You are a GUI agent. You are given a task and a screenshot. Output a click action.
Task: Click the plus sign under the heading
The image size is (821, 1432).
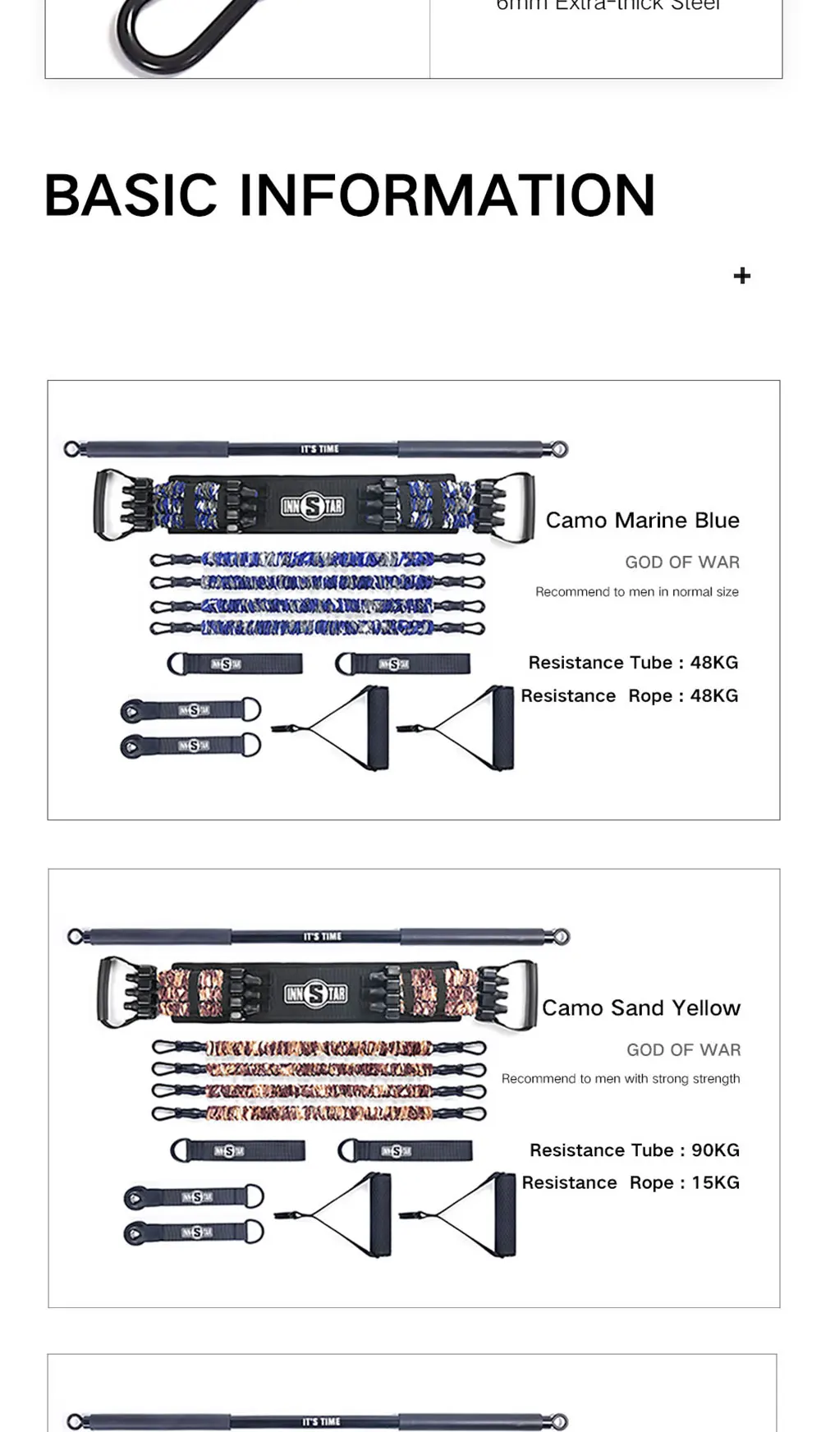[x=741, y=276]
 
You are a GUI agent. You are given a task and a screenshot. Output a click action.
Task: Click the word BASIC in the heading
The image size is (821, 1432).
[x=131, y=195]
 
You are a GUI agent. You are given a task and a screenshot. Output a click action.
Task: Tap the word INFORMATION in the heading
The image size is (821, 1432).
[x=447, y=195]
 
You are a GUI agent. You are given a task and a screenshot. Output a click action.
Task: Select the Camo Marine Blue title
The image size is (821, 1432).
[x=642, y=521]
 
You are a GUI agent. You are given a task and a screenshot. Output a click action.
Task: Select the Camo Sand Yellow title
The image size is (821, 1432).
[x=640, y=1008]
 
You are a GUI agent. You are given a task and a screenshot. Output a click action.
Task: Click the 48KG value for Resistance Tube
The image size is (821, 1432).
[x=713, y=663]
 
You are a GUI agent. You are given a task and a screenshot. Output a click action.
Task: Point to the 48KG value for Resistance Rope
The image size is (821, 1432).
[x=713, y=696]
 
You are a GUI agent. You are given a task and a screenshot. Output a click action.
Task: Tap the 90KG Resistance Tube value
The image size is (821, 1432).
[x=715, y=1150]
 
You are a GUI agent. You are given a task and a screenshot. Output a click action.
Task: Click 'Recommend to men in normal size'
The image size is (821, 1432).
[x=636, y=592]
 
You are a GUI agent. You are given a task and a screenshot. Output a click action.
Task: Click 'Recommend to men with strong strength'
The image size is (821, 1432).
[x=621, y=1079]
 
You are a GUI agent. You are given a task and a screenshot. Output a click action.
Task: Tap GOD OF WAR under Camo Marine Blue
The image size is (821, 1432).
[x=681, y=562]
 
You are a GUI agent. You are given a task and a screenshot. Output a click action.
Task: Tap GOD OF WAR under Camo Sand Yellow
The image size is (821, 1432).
[x=683, y=1050]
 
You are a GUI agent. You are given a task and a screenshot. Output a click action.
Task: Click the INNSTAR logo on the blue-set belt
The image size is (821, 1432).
[x=312, y=506]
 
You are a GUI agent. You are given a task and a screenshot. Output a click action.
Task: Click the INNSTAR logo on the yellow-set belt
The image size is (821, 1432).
[x=315, y=994]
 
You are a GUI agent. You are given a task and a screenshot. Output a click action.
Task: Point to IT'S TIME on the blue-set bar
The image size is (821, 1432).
[x=319, y=449]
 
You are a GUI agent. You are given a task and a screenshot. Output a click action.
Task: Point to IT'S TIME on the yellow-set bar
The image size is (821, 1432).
[x=322, y=937]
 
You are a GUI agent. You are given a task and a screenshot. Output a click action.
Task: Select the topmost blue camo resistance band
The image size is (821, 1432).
[x=317, y=560]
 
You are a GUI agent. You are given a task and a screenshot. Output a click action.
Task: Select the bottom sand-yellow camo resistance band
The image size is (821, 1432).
[x=319, y=1114]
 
